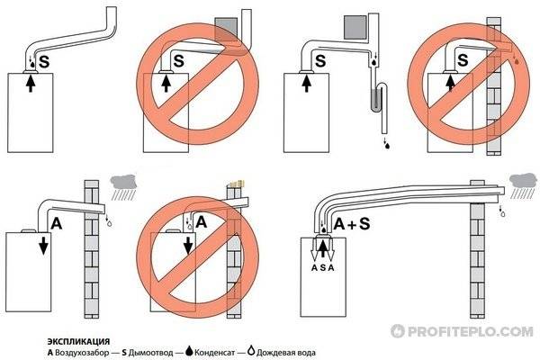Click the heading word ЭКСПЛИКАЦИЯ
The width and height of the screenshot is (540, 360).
(x=78, y=342)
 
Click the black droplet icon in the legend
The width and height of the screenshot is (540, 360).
(x=189, y=351)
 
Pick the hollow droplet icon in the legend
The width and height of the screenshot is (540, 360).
(x=251, y=351)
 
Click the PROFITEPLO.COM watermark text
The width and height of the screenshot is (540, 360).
(x=463, y=331)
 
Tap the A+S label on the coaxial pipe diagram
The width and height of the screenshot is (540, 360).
(x=352, y=224)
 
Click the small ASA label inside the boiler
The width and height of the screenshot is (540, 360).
(x=323, y=267)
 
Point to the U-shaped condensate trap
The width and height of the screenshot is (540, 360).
(x=379, y=97)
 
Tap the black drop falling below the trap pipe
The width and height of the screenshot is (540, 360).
(x=387, y=146)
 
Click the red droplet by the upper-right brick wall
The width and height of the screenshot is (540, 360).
(x=517, y=62)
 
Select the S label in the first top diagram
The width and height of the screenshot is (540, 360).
(x=44, y=62)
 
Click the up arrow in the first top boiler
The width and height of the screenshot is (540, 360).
(x=31, y=84)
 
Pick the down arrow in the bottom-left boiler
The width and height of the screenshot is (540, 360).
(x=43, y=247)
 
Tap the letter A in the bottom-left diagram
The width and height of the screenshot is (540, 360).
(x=57, y=224)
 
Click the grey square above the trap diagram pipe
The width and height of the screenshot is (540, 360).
(x=355, y=27)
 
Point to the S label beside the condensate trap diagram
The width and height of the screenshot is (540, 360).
(x=320, y=61)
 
